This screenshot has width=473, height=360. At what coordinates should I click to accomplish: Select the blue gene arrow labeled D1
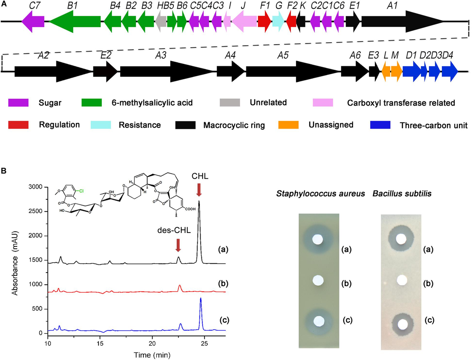pyautogui.click(x=412, y=71)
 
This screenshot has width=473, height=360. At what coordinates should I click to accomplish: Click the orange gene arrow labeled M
pyautogui.click(x=397, y=71)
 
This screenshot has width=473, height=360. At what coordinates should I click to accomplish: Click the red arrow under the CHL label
pyautogui.click(x=199, y=190)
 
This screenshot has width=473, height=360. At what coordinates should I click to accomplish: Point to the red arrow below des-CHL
pyautogui.click(x=178, y=245)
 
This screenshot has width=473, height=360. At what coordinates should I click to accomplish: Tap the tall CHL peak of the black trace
pyautogui.click(x=199, y=203)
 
